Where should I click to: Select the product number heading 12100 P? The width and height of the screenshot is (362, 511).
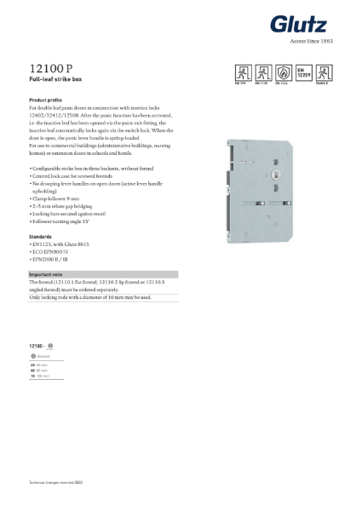coord(50,67)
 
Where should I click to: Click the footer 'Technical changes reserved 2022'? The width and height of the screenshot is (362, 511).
coord(58,483)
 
